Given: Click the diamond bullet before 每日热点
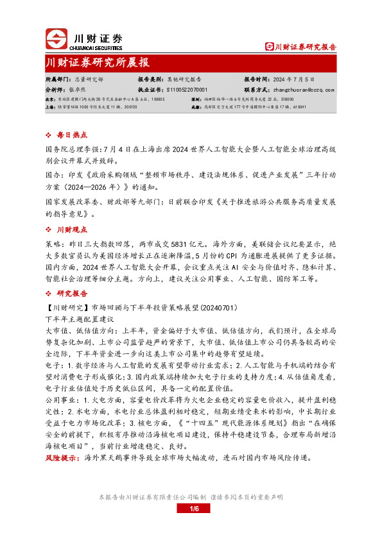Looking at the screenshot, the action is (x=50, y=136).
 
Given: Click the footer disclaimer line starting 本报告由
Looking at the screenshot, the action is (x=190, y=497).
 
